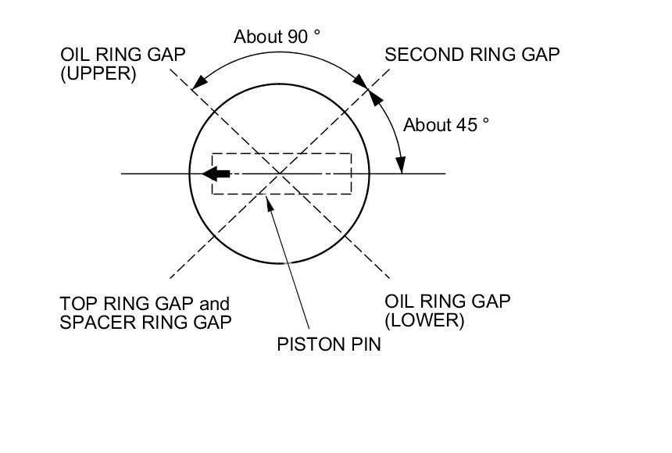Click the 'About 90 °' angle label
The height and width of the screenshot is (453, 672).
pyautogui.click(x=277, y=37)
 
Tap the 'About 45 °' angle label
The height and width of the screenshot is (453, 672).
pyautogui.click(x=446, y=125)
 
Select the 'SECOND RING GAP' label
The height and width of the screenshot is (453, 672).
pyautogui.click(x=472, y=55)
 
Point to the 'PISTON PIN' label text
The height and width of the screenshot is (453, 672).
pyautogui.click(x=329, y=344)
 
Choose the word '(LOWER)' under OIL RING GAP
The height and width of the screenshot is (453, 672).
pyautogui.click(x=424, y=321)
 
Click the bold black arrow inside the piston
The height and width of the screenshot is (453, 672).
pyautogui.click(x=218, y=173)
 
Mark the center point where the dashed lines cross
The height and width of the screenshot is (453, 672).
pyautogui.click(x=278, y=173)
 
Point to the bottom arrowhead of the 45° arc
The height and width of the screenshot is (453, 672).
pyautogui.click(x=401, y=166)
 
